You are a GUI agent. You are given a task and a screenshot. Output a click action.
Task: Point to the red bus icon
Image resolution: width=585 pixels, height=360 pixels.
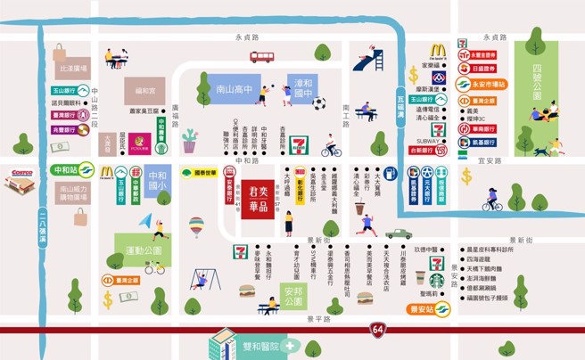(x=262, y=57)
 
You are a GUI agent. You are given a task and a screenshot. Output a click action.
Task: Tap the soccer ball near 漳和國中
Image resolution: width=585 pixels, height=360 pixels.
(x=318, y=103)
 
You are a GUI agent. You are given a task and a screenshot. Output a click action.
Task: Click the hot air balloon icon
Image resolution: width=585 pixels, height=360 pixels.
(x=196, y=226)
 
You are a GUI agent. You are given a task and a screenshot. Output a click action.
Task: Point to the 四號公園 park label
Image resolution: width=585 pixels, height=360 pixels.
(x=535, y=86)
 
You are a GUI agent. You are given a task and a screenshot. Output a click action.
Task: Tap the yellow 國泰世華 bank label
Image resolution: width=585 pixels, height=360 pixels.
(x=199, y=173)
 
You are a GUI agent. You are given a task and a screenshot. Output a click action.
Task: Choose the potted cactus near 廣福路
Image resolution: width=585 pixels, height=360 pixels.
(x=189, y=141)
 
